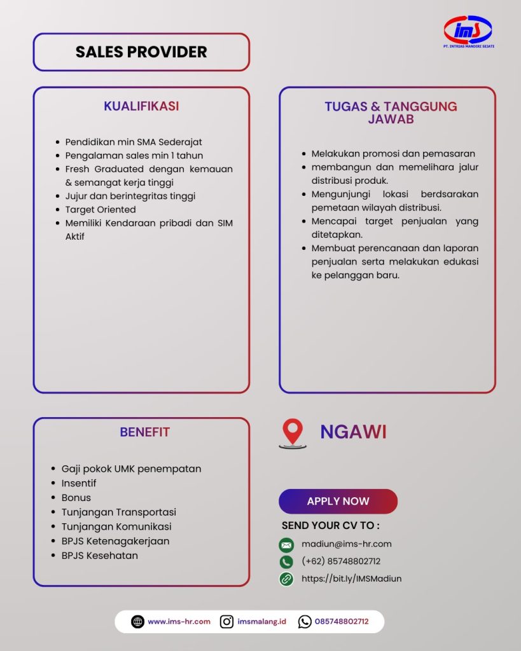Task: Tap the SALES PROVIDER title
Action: [141, 52]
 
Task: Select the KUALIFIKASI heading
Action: [141, 106]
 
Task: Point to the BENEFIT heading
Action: [144, 432]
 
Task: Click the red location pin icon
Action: [292, 433]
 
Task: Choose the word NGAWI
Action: [353, 432]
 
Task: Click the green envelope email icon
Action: [286, 545]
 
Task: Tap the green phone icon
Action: [286, 562]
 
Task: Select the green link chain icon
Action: [286, 579]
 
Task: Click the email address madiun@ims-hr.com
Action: [346, 544]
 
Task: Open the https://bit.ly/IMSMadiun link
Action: [351, 579]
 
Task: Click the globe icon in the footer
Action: [137, 622]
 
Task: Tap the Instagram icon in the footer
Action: [226, 622]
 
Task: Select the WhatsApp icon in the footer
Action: [305, 622]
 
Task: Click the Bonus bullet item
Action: [76, 498]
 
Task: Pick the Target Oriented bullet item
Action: [100, 209]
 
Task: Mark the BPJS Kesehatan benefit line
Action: [99, 556]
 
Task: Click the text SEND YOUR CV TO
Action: [330, 526]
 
